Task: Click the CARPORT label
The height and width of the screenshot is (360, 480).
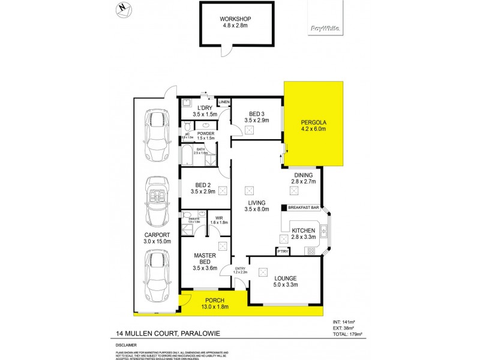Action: click(x=155, y=235)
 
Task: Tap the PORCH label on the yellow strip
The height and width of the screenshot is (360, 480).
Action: click(x=214, y=301)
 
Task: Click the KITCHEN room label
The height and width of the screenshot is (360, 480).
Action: click(x=303, y=231)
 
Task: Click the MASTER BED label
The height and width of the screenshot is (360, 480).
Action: click(x=205, y=259)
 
